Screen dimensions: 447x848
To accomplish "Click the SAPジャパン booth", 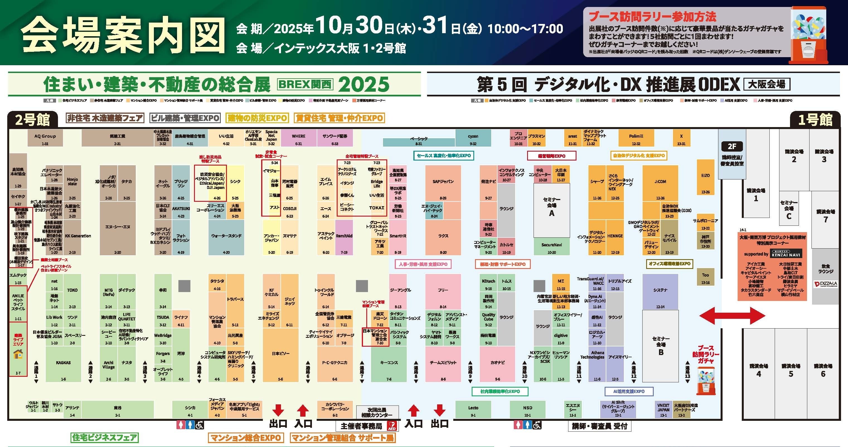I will [x=443, y=183].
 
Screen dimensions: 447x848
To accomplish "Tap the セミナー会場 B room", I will [x=660, y=346].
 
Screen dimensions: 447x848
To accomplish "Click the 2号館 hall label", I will [x=32, y=119].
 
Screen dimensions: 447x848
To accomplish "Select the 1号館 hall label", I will [x=815, y=119].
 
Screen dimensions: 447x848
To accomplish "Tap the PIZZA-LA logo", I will [x=825, y=284].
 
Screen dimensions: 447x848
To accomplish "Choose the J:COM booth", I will [x=660, y=183].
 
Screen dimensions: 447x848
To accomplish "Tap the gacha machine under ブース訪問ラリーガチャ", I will [x=706, y=382].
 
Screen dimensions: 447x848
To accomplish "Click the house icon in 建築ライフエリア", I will [x=18, y=354].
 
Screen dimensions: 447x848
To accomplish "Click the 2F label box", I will [x=732, y=146].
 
